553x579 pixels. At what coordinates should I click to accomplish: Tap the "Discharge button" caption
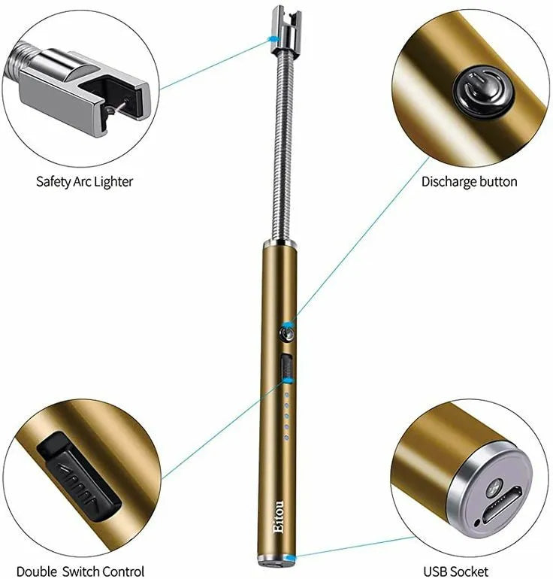pos(469,181)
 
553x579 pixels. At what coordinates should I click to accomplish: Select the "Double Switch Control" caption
pos(80,571)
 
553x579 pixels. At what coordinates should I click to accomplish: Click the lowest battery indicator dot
pos(286,435)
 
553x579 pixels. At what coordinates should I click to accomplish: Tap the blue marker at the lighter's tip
pos(280,38)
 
